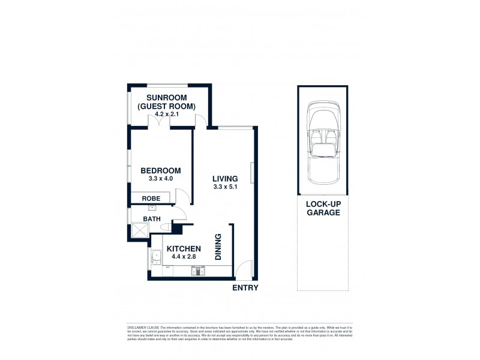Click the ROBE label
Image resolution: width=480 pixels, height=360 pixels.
[150, 198]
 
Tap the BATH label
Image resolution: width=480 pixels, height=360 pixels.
[152, 219]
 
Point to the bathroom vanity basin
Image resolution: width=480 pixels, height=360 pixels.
[152, 208]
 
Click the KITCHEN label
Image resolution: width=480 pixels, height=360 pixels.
[184, 248]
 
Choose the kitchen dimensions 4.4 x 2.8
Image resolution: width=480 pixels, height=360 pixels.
[184, 257]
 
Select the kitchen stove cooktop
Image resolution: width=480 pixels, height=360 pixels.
[198, 271]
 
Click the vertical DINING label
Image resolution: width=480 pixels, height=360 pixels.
[218, 247]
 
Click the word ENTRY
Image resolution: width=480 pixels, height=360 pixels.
[245, 288]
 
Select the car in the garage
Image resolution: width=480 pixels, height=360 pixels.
[323, 144]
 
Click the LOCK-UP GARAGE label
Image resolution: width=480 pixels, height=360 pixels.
[323, 208]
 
